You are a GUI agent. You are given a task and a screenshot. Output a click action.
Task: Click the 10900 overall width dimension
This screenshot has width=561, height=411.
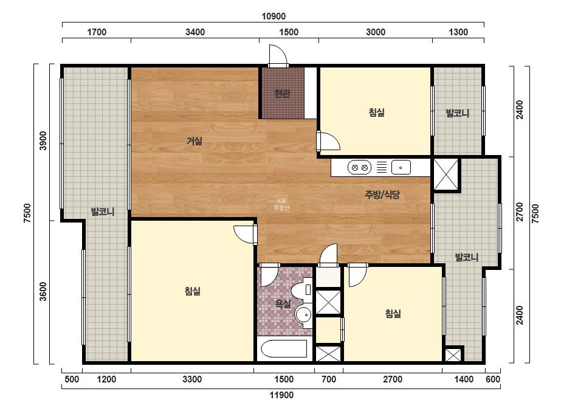(x=274, y=16)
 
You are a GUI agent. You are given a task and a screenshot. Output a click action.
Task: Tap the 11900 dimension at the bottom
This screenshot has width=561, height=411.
(x=281, y=395)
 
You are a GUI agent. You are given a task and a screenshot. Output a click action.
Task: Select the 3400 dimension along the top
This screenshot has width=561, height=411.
(x=195, y=32)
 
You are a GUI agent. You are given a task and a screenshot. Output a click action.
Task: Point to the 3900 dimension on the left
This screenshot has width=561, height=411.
(x=43, y=140)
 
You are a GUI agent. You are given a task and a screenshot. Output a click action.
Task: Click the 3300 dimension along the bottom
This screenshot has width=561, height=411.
(x=192, y=379)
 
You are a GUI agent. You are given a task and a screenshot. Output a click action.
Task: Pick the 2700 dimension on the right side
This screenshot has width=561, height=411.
(x=520, y=212)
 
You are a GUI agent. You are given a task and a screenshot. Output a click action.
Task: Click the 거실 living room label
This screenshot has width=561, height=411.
(x=194, y=142)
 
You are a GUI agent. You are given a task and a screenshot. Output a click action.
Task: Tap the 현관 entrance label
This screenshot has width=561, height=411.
(x=282, y=94)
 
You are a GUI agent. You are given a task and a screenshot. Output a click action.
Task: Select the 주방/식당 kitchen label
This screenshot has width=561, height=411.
(x=382, y=195)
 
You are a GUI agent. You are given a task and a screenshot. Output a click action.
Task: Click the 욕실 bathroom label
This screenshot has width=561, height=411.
(x=283, y=304)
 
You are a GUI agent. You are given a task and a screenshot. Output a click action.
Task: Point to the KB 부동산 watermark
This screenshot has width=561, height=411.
(x=281, y=205)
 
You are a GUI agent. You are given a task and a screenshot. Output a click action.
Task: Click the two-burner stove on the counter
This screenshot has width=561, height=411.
(x=360, y=167)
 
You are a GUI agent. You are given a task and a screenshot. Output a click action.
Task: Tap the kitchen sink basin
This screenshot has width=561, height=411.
(x=401, y=167)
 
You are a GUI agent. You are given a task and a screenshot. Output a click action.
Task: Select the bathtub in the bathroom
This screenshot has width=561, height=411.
(x=284, y=349)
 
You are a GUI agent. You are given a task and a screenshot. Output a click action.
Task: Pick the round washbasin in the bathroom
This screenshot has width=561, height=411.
(x=305, y=316)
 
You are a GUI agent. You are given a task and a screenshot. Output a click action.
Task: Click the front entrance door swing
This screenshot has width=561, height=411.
(x=278, y=55)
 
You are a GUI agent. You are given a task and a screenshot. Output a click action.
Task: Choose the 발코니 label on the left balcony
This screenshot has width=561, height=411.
(x=103, y=212)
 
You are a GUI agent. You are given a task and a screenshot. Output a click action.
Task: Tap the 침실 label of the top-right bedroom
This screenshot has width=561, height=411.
(x=377, y=112)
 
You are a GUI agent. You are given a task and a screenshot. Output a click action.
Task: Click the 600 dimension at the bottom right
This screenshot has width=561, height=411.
(x=493, y=379)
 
